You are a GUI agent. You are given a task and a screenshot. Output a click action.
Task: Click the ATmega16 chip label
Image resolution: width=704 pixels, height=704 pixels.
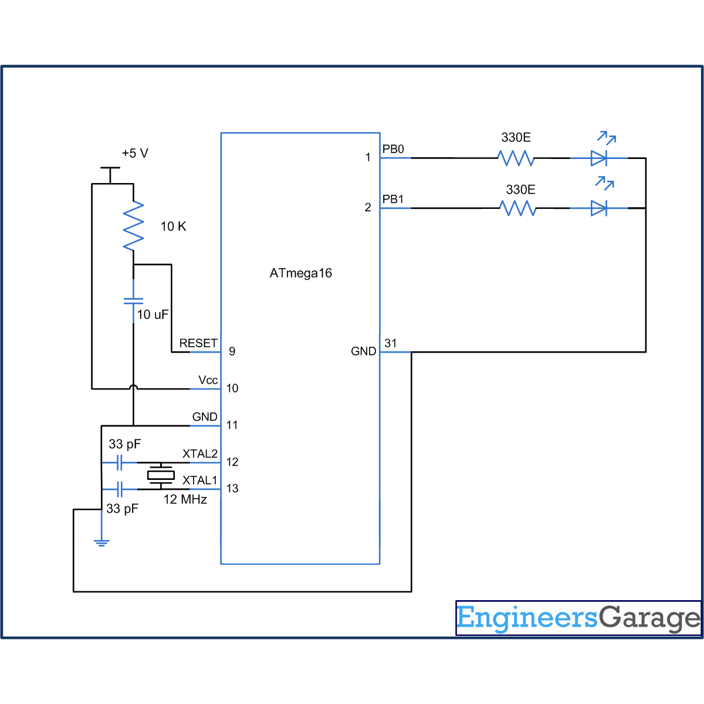300,273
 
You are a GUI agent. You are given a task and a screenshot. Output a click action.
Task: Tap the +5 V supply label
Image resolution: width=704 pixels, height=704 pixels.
135,153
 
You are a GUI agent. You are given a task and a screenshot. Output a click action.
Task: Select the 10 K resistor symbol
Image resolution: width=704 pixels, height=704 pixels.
133,226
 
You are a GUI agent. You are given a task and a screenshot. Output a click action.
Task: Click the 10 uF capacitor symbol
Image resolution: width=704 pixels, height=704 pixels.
133,301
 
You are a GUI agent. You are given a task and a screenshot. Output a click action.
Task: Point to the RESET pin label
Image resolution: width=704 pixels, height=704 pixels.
198,343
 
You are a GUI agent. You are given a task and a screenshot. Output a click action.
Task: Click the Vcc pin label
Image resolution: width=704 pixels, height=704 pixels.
208,380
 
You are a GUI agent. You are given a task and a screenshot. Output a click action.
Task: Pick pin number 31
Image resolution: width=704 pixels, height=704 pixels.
391,343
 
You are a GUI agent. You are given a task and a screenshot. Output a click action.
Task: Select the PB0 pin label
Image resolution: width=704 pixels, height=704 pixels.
393,149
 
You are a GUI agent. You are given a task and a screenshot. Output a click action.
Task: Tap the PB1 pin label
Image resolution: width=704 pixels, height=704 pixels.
393,199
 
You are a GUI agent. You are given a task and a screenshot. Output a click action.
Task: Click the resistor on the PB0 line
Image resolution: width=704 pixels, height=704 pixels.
516,158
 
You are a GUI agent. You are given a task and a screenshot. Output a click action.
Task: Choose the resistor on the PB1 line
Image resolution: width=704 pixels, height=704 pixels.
517,208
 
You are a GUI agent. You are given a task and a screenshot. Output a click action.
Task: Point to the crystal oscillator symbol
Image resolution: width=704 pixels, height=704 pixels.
161,475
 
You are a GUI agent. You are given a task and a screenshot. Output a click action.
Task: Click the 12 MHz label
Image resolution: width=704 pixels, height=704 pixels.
185,500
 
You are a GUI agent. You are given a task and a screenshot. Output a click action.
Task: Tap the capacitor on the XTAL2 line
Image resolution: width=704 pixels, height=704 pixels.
120,463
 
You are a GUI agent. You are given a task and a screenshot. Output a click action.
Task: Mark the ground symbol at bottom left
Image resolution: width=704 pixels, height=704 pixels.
101,542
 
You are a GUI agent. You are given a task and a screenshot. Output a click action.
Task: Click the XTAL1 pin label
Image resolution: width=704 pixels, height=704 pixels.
199,480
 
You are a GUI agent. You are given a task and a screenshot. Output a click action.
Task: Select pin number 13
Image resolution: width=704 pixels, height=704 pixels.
232,489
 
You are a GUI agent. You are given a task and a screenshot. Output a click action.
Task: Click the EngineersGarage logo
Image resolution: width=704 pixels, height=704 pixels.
578,618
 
